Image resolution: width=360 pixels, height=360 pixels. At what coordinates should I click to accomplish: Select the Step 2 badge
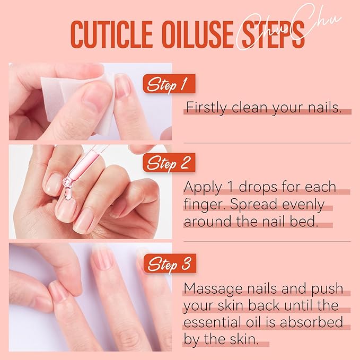point(169,162)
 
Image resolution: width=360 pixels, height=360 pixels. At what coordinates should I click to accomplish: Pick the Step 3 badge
point(169,263)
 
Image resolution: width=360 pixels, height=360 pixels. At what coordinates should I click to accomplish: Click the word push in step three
point(329,289)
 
